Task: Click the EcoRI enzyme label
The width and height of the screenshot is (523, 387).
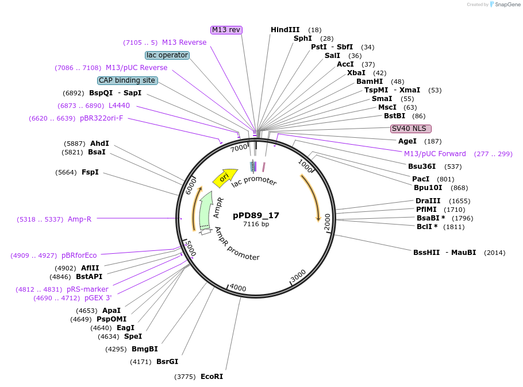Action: coord(211,377)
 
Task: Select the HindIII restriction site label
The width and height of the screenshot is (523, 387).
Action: coord(285,30)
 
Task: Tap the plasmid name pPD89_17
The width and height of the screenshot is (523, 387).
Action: coord(256,215)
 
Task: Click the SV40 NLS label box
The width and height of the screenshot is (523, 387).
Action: coord(410,129)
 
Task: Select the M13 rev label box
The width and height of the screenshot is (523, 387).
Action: coord(226,30)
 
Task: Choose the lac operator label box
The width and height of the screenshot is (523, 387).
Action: coord(167,55)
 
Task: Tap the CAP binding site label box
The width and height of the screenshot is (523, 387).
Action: coord(127,80)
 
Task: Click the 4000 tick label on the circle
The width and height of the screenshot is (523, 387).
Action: coord(237,288)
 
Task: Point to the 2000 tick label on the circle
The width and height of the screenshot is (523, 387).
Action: coord(328,220)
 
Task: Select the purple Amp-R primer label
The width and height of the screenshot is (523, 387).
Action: coord(79,219)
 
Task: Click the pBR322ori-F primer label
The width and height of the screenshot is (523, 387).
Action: coord(101,118)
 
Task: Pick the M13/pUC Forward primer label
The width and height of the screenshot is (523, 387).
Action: coord(435,154)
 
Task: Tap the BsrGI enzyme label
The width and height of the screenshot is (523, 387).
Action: coord(167,362)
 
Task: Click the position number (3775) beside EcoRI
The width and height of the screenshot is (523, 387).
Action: coord(186,377)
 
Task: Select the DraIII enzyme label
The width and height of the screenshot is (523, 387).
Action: coord(428,201)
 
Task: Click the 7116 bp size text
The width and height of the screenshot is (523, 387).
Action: coord(256,225)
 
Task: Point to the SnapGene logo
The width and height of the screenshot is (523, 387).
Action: coord(504,4)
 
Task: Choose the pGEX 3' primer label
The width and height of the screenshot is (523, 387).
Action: coord(98,298)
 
